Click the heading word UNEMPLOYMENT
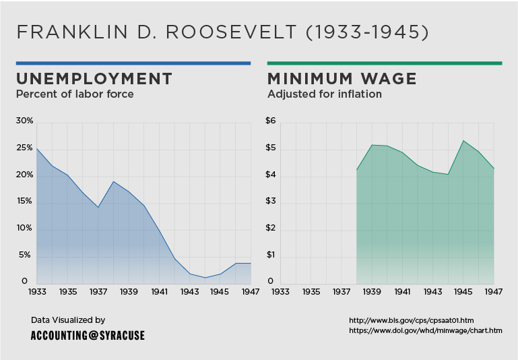click(x=94, y=79)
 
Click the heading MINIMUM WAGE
click(x=342, y=79)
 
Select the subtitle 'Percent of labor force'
click(x=75, y=94)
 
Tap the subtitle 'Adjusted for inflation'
click(x=325, y=94)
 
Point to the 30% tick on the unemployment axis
click(x=25, y=121)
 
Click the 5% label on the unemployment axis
click(x=25, y=255)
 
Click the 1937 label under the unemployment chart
click(x=98, y=293)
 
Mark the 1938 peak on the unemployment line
click(x=113, y=181)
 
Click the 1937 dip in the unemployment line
click(x=98, y=207)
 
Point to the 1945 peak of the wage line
click(x=463, y=141)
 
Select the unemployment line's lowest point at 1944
click(x=205, y=278)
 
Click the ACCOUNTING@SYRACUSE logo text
click(x=88, y=335)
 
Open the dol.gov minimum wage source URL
click(x=425, y=330)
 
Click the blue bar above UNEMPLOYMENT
click(x=133, y=63)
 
